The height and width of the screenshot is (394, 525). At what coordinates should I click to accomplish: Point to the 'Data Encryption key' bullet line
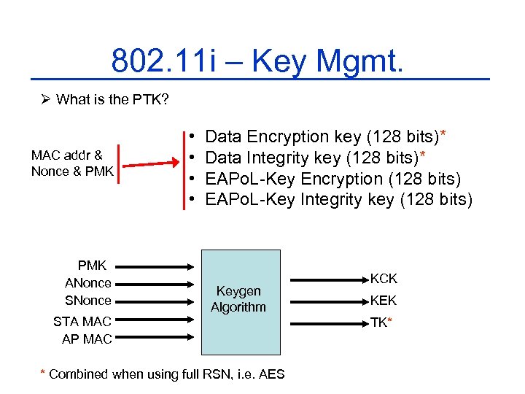(x=326, y=136)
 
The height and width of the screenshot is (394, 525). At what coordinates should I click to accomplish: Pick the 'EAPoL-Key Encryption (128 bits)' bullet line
(x=333, y=178)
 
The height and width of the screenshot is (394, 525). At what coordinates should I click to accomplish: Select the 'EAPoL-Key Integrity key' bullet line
(x=339, y=199)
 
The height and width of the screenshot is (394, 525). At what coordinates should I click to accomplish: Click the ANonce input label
(x=88, y=283)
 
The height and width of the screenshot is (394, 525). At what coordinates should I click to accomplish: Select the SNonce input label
(x=88, y=301)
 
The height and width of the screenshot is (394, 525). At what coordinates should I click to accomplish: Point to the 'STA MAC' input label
(x=82, y=321)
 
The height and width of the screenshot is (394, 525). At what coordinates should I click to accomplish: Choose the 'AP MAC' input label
(x=87, y=339)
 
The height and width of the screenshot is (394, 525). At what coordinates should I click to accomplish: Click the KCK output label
(x=384, y=279)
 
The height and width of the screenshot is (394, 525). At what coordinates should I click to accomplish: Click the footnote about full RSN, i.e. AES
(x=163, y=374)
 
